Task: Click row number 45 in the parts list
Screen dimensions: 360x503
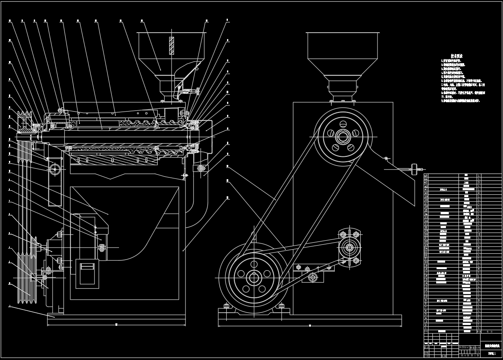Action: (x=426, y=176)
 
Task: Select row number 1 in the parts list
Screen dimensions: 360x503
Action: (x=426, y=328)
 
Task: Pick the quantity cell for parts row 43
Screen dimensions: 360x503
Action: (x=479, y=182)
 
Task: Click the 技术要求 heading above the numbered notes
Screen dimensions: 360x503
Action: (x=456, y=56)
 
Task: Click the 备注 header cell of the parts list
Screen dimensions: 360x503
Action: (x=491, y=331)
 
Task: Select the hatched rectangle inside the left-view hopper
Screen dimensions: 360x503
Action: (x=172, y=46)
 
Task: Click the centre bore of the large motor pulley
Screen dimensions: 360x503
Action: (x=254, y=279)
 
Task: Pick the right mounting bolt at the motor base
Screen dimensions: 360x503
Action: (x=281, y=306)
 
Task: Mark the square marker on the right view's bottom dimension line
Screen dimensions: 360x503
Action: (x=310, y=325)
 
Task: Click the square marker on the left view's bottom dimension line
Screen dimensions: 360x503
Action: (x=116, y=325)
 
